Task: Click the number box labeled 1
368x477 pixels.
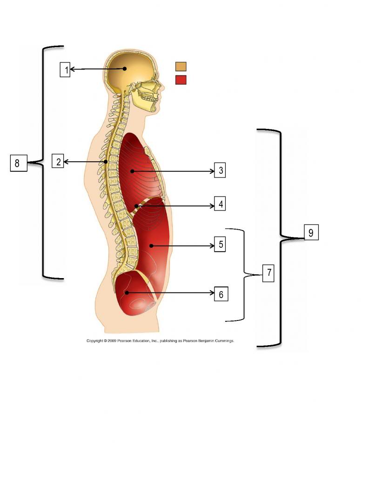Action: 65,69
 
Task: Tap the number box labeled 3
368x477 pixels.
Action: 220,170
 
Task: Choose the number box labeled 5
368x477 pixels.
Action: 220,245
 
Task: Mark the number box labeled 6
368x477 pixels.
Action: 221,294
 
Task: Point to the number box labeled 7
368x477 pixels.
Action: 268,273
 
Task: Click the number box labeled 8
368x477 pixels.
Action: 18,163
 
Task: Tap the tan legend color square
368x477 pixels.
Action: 181,66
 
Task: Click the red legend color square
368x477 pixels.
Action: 181,80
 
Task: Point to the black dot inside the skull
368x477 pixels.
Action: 125,69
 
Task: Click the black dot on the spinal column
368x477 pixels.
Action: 106,162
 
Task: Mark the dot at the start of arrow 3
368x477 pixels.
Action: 132,171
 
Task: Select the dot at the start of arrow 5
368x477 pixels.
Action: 151,245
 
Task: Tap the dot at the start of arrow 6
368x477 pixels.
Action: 127,293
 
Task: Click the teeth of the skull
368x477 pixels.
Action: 150,99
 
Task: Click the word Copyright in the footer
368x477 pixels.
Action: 95,341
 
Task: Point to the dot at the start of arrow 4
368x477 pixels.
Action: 136,205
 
